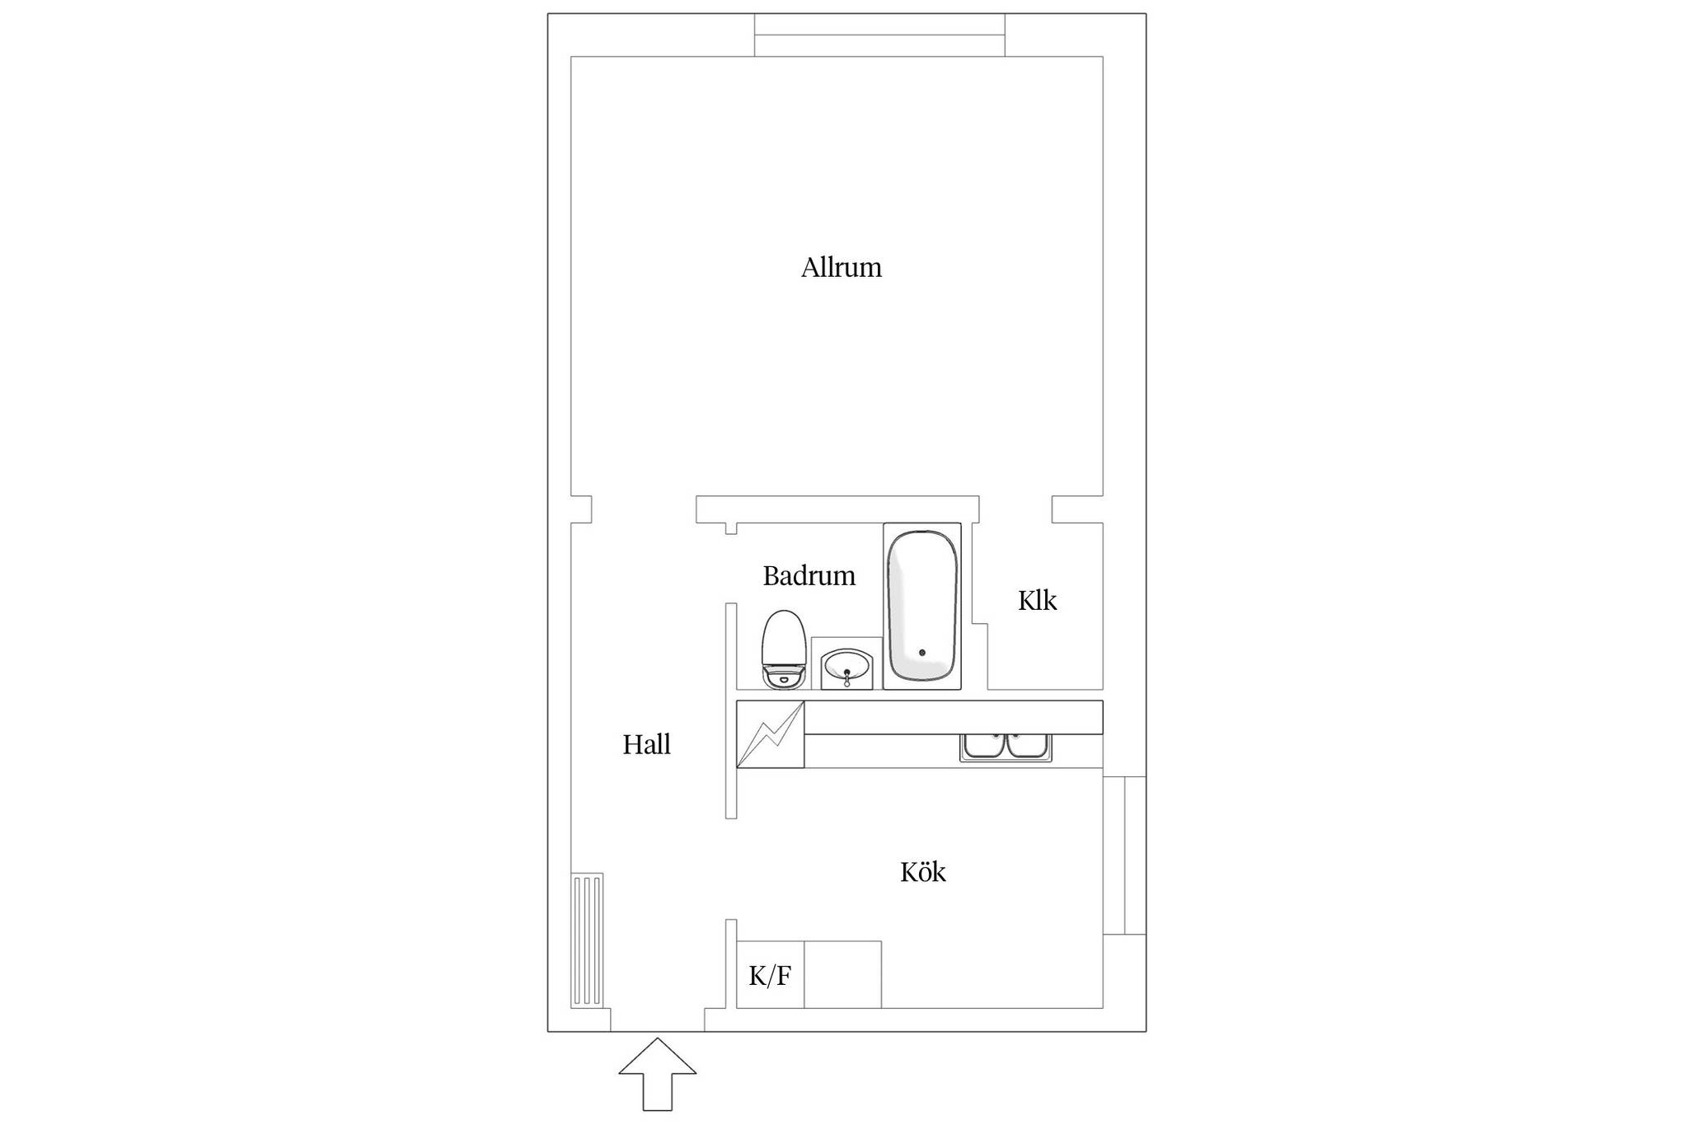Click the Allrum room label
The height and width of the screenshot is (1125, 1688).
coord(842,267)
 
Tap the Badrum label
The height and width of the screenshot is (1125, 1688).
coord(809,575)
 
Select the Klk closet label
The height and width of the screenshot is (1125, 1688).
coord(1037,600)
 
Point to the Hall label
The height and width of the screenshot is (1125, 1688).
coord(646,744)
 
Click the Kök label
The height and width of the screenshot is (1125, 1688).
coord(922,872)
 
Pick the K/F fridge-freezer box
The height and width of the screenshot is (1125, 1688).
coord(770,974)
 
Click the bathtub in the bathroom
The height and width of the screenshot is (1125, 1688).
coord(922,606)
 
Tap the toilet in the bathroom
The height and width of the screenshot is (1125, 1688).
coord(783,649)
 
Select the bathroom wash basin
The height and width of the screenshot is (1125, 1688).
coord(846,664)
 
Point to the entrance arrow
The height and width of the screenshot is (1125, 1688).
coord(657,1073)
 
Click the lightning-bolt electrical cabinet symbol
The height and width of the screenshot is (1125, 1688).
coord(770,734)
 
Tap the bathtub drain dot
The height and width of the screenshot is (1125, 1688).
coord(922,653)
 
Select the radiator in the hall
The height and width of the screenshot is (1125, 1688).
coord(587,940)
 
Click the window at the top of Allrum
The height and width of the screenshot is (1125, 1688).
coord(879,35)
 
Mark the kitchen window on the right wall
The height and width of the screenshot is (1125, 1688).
coord(1124,855)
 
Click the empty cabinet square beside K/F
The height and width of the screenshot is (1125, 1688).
coord(842,974)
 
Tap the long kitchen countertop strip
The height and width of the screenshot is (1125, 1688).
coord(954,717)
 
